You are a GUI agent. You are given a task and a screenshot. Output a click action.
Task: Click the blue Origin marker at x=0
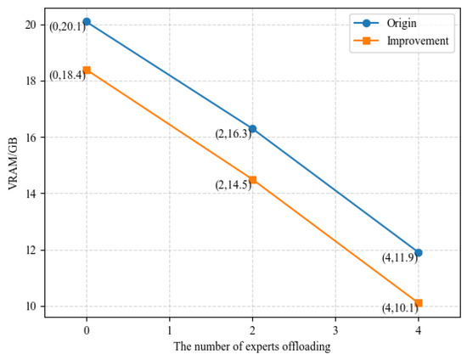(87, 21)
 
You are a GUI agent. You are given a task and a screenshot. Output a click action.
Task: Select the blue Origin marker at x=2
(252, 128)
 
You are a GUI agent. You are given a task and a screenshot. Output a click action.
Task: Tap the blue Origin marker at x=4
(418, 252)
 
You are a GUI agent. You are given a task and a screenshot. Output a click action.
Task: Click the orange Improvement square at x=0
(87, 70)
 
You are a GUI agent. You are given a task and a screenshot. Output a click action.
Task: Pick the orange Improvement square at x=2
(252, 179)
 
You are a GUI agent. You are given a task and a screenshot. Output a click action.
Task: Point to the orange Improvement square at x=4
(418, 303)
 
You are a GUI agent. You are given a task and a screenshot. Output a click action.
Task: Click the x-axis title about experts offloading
(252, 347)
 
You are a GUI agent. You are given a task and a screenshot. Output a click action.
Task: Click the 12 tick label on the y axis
(31, 250)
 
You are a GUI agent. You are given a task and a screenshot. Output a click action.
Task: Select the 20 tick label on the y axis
(31, 25)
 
